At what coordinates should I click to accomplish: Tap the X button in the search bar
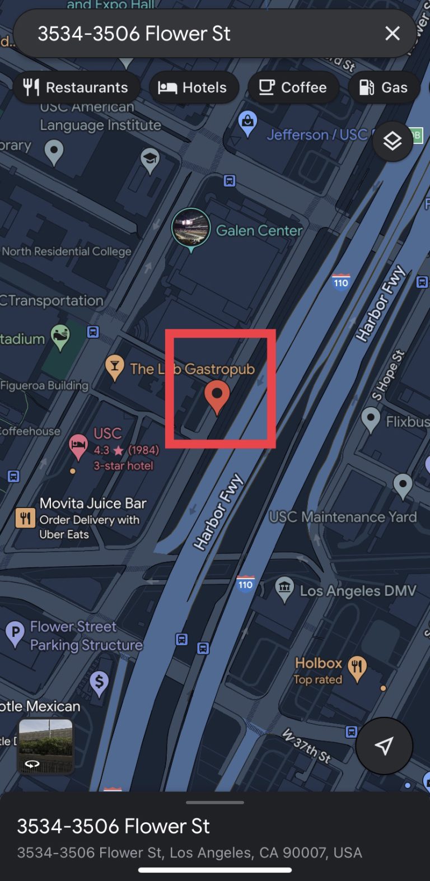click(392, 34)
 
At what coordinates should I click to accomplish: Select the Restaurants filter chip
click(76, 87)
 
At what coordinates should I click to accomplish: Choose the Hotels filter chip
click(194, 87)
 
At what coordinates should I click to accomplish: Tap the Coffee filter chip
click(293, 87)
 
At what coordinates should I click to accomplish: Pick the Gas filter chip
click(384, 87)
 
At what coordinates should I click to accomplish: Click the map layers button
click(392, 141)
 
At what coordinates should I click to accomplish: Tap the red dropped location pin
click(217, 395)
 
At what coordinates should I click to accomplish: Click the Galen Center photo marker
click(191, 228)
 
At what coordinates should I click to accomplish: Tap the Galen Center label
click(259, 230)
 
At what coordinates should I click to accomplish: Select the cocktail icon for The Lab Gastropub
click(115, 367)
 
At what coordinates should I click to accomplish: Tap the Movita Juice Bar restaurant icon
click(25, 518)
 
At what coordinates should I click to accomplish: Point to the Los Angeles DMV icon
click(284, 589)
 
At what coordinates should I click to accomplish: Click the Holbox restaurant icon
click(357, 667)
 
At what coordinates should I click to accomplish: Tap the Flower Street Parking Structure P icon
click(15, 633)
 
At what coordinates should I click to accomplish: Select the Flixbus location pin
click(371, 419)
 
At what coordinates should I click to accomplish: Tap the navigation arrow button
click(384, 745)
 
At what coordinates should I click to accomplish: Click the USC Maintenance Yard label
click(343, 516)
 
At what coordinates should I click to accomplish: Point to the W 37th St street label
click(307, 745)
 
